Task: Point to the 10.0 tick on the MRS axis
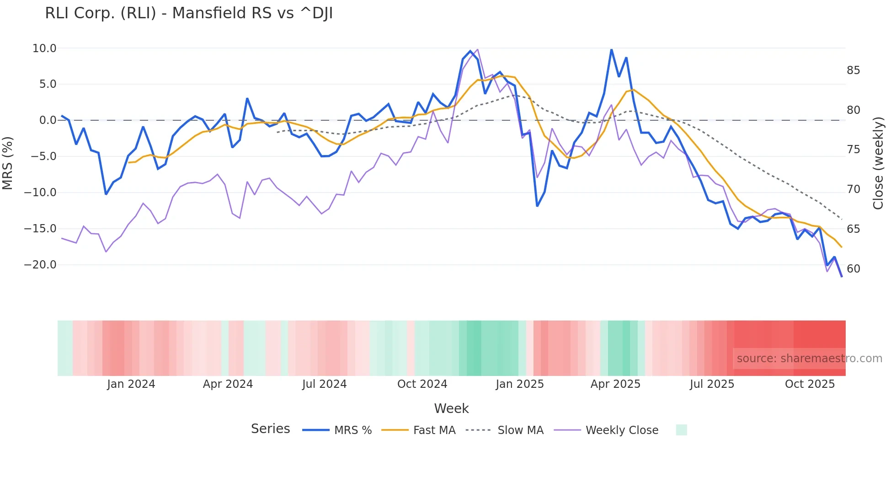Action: coord(44,48)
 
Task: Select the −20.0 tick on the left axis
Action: coord(40,265)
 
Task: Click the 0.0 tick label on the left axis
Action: coord(48,120)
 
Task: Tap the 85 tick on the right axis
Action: coord(853,70)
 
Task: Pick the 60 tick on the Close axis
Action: coord(853,269)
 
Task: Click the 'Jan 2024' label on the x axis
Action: coord(131,384)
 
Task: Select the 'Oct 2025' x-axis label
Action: coord(810,384)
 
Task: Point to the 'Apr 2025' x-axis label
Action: coord(615,384)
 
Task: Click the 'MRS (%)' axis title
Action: coord(8,163)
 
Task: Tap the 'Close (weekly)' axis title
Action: coord(878,163)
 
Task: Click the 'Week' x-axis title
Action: coord(451,408)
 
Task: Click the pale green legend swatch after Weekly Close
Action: coord(681,430)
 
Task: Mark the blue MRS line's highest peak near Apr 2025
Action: coord(611,49)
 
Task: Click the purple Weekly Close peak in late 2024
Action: coord(477,49)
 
